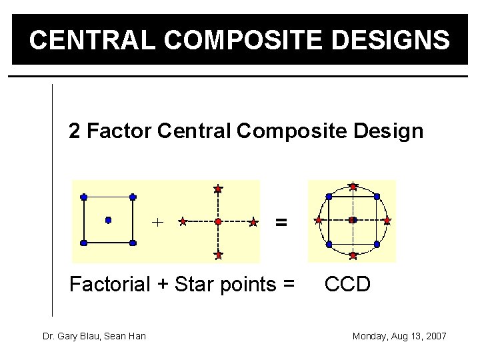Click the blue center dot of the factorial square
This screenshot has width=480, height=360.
point(108,219)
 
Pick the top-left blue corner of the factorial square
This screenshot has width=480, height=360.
point(83,197)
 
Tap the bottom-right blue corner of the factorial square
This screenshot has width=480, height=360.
point(133,243)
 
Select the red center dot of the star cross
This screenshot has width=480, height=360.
point(218,221)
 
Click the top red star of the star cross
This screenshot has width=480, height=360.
point(218,189)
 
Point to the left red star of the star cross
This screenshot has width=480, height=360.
point(183,221)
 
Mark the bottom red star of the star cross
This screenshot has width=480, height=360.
point(218,254)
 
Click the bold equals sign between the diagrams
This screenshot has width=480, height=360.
point(282,222)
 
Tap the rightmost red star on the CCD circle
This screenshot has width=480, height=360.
point(387,220)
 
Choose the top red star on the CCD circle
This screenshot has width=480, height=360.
point(353,186)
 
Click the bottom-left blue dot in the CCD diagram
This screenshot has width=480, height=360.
point(329,244)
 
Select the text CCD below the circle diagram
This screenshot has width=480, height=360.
point(347,285)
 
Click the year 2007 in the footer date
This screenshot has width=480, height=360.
point(434,336)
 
